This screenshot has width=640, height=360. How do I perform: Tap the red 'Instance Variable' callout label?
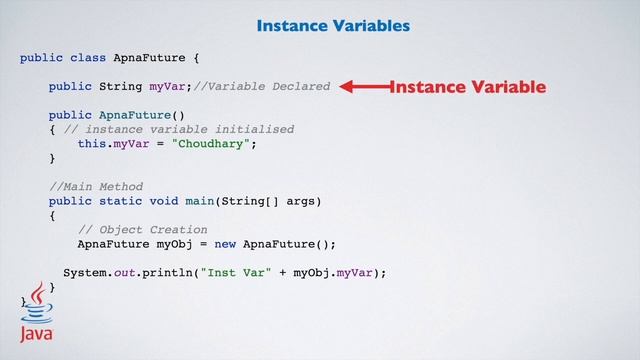[468, 87]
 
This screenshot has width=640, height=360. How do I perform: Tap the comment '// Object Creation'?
[142, 229]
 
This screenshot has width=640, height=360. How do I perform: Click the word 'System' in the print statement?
[84, 272]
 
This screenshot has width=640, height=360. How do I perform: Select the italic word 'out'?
[124, 272]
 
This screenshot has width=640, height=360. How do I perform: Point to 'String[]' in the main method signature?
[250, 201]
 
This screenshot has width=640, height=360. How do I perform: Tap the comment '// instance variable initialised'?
[178, 129]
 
